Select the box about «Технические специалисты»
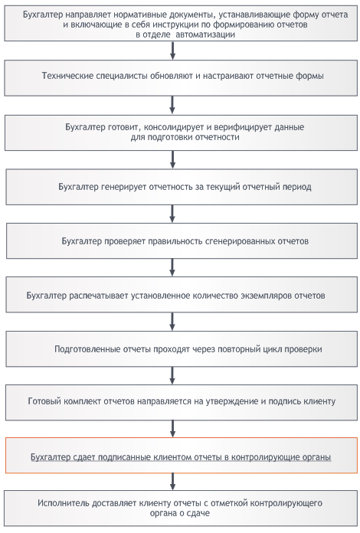[x=181, y=78]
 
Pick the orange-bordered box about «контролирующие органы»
[x=182, y=455]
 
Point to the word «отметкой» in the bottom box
[x=227, y=503]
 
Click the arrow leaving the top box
[x=172, y=51]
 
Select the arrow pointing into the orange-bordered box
[x=172, y=429]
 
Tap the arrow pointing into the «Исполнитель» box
[x=172, y=482]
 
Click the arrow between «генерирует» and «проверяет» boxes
[x=172, y=214]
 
